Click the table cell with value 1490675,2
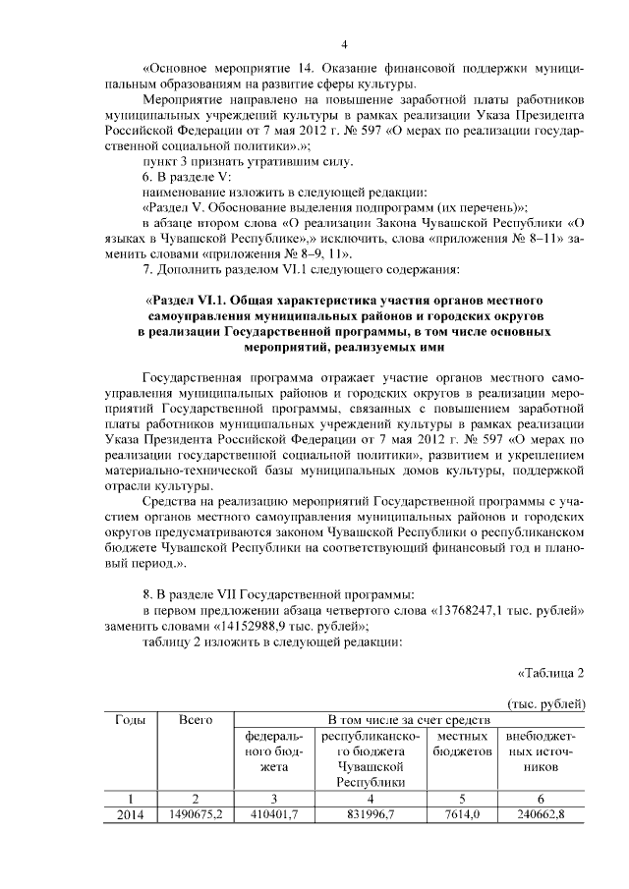(197, 814)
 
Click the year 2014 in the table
(130, 814)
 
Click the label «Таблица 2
(551, 673)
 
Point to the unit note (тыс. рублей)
(546, 704)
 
